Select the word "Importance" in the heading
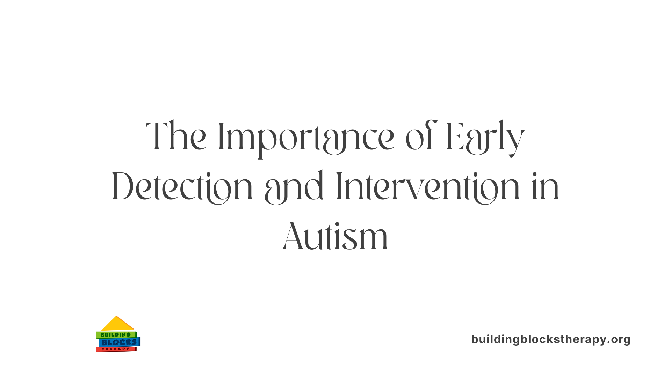tap(306, 137)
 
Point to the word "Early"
tap(485, 137)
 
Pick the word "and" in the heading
tap(294, 187)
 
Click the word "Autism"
tap(335, 237)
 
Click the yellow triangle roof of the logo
tap(117, 324)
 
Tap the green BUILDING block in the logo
tap(116, 335)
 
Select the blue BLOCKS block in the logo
tap(119, 342)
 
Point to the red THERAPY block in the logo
tap(116, 349)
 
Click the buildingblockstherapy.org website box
tap(551, 339)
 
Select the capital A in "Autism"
tap(292, 237)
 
